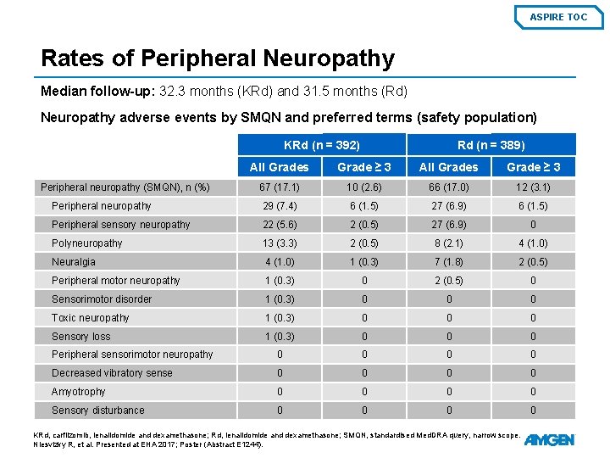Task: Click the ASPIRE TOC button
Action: pos(558,17)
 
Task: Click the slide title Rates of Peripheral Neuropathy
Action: pos(218,59)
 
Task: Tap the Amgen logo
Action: pos(549,439)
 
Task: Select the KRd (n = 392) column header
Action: pos(322,145)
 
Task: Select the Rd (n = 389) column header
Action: pos(491,145)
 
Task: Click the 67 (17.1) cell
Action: pos(280,187)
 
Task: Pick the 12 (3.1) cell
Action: pos(533,187)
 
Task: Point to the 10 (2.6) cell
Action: pos(364,187)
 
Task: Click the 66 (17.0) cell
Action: pos(448,187)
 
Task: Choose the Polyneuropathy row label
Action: pos(87,243)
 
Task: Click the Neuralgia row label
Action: pos(74,262)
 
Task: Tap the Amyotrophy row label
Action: pos(79,392)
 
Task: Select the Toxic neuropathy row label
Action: pos(91,318)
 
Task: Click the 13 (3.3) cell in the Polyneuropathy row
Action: pos(280,243)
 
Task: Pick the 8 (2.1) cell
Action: pos(448,243)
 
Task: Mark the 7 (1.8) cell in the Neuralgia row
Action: pos(448,262)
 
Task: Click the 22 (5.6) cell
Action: pos(280,225)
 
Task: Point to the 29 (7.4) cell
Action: pos(280,206)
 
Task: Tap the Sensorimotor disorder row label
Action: pos(102,299)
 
